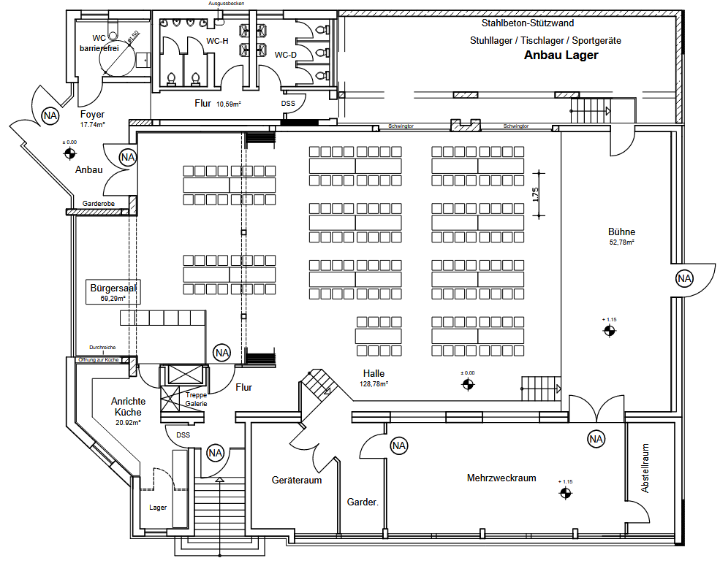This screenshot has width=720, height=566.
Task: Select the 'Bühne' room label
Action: pyautogui.click(x=621, y=232)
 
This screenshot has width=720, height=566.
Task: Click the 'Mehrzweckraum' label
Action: pyautogui.click(x=501, y=478)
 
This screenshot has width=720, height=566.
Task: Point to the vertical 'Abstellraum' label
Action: pyautogui.click(x=645, y=468)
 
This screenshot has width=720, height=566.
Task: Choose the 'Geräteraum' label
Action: pyautogui.click(x=297, y=481)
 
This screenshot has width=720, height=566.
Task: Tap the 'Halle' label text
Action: pyautogui.click(x=373, y=374)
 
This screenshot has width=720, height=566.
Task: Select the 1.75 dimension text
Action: pyautogui.click(x=536, y=194)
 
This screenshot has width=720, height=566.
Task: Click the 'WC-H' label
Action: pyautogui.click(x=217, y=41)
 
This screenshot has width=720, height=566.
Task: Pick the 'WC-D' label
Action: pyautogui.click(x=286, y=55)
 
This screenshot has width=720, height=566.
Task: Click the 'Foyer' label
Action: pyautogui.click(x=92, y=115)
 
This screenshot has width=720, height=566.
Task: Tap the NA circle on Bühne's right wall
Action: pyautogui.click(x=683, y=278)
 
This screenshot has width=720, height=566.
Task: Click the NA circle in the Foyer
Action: pyautogui.click(x=50, y=115)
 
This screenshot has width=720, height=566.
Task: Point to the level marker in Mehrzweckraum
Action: pyautogui.click(x=565, y=494)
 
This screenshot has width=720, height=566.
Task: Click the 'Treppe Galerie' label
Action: pyautogui.click(x=197, y=399)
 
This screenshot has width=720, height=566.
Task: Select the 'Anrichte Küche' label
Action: pyautogui.click(x=128, y=406)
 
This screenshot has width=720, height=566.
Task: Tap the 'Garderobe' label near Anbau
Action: pyautogui.click(x=96, y=204)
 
